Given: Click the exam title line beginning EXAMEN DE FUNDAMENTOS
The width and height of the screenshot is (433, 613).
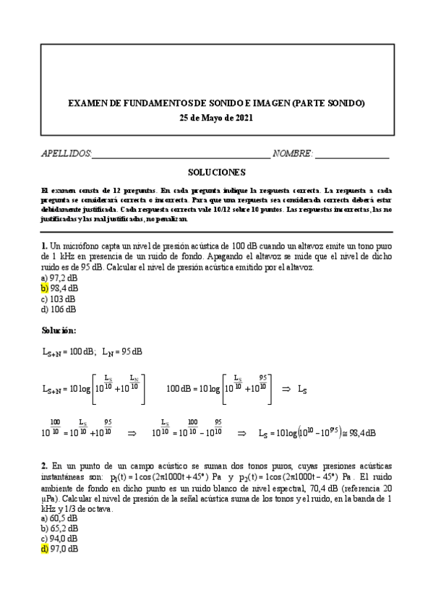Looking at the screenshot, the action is [216, 104].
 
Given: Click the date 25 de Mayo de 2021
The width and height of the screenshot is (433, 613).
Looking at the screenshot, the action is [216, 119].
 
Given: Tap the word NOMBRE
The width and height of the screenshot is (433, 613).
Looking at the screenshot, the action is [292, 154].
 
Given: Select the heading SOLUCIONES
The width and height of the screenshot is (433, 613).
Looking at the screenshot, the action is [216, 173].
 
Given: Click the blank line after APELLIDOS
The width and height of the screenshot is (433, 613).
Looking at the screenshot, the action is [181, 155].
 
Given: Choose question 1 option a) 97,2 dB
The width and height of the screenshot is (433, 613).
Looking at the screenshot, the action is [59, 278].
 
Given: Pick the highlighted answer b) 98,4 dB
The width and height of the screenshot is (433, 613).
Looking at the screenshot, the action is [59, 288].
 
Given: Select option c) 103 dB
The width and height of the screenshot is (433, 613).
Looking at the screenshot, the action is [58, 299].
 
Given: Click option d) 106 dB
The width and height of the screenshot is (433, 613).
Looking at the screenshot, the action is [58, 309].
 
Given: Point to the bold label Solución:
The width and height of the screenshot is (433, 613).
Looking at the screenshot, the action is [64, 331].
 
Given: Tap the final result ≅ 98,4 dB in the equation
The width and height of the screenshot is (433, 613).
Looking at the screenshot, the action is [358, 434].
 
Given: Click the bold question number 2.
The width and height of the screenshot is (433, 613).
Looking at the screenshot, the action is [44, 465].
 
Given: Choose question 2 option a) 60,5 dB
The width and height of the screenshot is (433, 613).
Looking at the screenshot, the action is [59, 518].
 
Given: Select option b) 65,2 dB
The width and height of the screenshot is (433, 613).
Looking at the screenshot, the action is [59, 528].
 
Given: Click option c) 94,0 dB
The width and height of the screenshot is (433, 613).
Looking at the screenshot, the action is [59, 539].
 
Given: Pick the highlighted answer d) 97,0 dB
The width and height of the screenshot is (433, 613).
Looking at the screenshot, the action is [59, 549].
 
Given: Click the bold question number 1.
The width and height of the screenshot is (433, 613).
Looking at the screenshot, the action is [44, 246].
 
